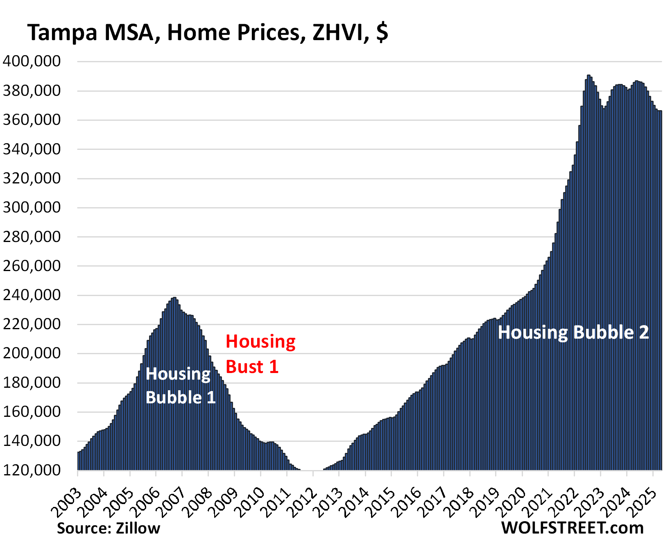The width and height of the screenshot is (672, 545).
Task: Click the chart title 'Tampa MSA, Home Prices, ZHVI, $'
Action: tap(207, 32)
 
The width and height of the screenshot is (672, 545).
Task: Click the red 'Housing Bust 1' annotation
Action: tap(260, 354)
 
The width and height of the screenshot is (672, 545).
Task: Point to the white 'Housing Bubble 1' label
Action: tap(180, 386)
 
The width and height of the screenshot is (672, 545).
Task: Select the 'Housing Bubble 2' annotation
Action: tap(573, 332)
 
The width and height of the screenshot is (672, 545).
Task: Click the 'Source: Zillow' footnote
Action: tap(109, 528)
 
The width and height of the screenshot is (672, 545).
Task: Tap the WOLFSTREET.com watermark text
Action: tap(572, 528)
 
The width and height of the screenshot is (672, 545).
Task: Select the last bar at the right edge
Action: tap(660, 287)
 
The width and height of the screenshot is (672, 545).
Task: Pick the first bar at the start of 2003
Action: tap(79, 461)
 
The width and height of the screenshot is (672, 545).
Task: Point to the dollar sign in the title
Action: tap(382, 32)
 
